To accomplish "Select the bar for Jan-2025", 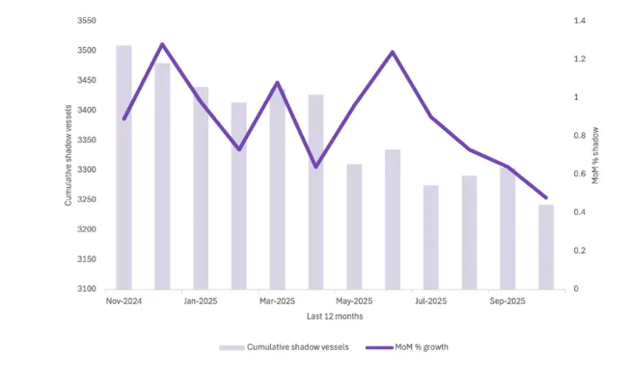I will click(201, 188).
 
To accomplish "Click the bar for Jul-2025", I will click(431, 238).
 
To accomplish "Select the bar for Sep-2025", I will click(508, 229).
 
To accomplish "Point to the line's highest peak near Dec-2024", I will click(162, 44).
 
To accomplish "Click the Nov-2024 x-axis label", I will click(124, 301).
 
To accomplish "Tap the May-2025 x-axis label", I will click(354, 301).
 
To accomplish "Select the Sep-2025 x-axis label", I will click(508, 301).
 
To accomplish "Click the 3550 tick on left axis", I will click(87, 21).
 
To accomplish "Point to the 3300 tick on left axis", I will click(87, 170).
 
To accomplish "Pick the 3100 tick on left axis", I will click(87, 289).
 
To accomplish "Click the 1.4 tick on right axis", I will click(579, 21).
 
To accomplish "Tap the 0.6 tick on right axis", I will click(579, 175).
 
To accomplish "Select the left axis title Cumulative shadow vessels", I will click(68, 155).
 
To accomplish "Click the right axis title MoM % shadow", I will click(595, 155).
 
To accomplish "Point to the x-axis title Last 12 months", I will click(334, 316).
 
